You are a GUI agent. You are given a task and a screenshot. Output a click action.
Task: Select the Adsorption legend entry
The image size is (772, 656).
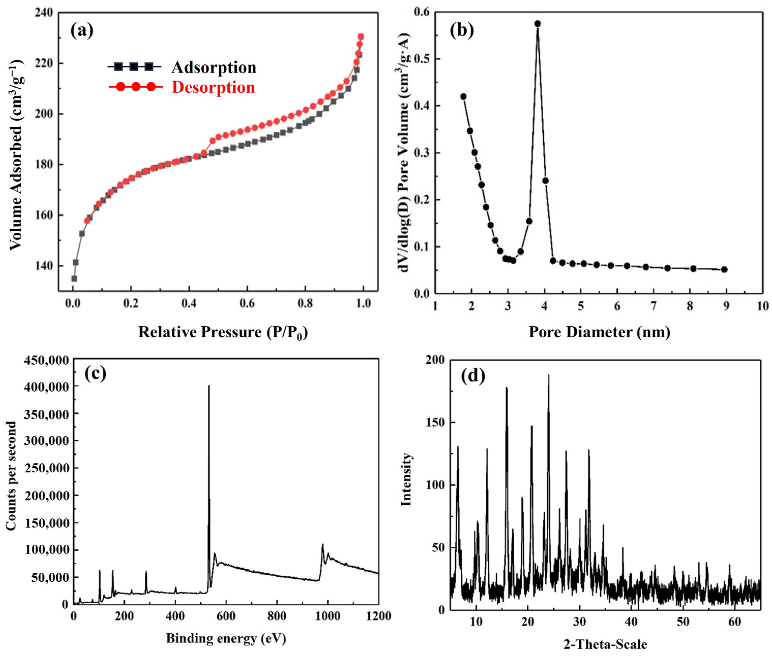coord(214,67)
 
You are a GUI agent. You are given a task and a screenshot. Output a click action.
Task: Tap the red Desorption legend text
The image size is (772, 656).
coord(213,87)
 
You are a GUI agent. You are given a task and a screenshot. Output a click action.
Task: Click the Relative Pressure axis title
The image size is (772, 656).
coord(223,332)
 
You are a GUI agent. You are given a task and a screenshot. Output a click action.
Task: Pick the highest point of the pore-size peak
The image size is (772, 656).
coord(537,24)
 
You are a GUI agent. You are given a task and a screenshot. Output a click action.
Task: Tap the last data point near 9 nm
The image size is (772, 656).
coord(724,269)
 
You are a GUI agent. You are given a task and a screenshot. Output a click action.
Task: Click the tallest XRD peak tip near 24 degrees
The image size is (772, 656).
coord(549,376)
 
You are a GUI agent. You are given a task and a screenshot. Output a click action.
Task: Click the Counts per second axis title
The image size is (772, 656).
coord(11,476)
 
